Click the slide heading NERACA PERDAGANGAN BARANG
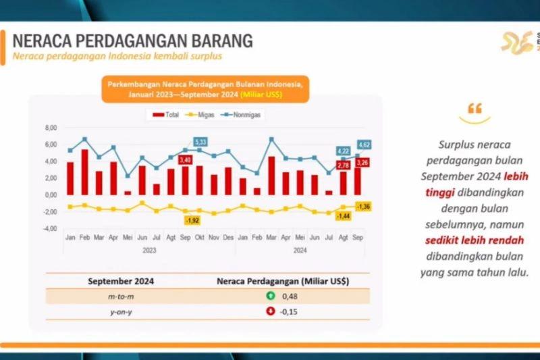133,40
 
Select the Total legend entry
167,115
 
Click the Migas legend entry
205,115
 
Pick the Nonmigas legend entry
247,115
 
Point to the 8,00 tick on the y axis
51,128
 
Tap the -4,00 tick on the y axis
51,229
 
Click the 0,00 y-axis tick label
51,195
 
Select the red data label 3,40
186,160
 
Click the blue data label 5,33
200,142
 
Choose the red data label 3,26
362,163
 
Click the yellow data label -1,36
362,206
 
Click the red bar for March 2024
271,176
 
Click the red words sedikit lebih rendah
474,240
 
